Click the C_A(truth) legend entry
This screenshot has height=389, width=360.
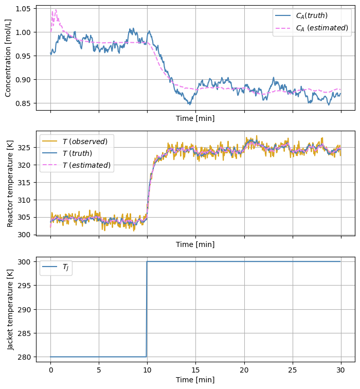coord(312,16)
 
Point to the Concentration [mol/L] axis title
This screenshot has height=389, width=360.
coord(8,58)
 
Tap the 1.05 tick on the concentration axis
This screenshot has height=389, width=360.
coord(25,9)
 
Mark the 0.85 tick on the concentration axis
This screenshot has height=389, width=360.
coord(25,103)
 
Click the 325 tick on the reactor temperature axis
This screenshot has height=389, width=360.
coord(27,148)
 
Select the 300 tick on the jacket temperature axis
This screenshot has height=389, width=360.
coord(27,262)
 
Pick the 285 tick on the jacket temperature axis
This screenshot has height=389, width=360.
coord(27,333)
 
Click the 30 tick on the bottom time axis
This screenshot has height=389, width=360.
coord(340,370)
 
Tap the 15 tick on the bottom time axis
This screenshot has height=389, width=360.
coord(195,370)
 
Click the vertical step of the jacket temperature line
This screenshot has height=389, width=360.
coord(147,309)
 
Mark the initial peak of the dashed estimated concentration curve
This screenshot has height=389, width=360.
coord(55,10)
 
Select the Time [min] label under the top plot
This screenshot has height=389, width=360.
coord(195,118)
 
